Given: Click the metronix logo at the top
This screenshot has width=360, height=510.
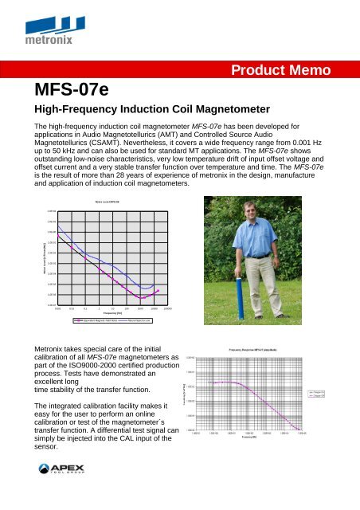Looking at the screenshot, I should (49, 29).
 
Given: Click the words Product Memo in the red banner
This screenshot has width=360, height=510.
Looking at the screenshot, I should (291, 71).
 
